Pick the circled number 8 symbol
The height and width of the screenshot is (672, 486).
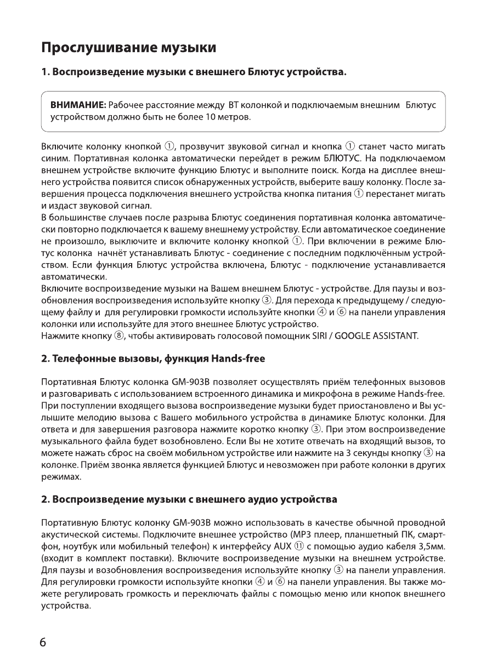(x=118, y=335)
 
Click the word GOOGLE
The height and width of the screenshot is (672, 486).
(x=358, y=335)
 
